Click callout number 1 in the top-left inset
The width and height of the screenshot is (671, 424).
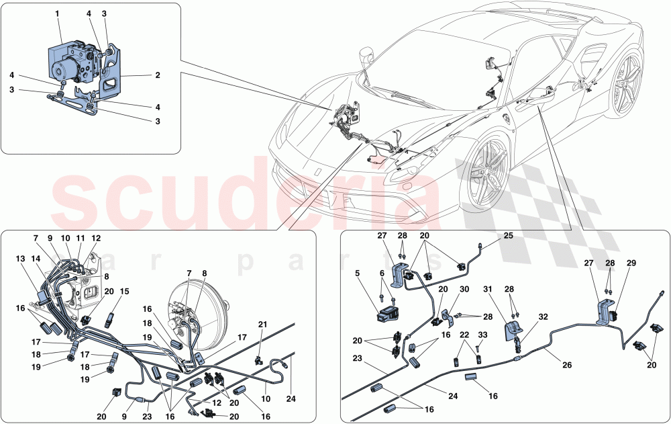(x=57, y=13)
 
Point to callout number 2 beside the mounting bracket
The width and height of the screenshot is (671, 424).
(x=157, y=76)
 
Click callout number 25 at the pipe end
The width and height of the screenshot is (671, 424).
(x=508, y=236)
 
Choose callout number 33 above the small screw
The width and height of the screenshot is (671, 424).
(x=482, y=334)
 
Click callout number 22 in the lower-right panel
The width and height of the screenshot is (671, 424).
(x=463, y=334)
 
